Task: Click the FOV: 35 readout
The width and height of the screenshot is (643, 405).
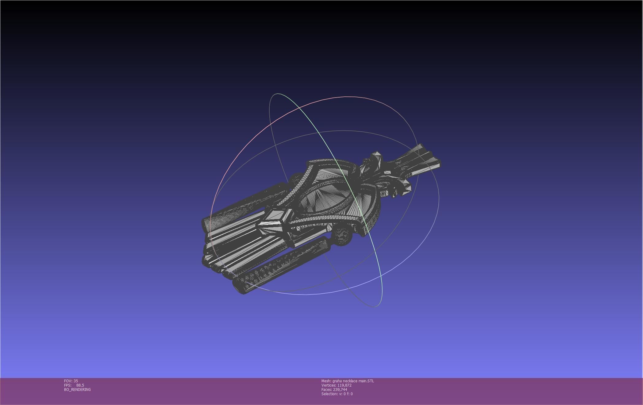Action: pos(71,381)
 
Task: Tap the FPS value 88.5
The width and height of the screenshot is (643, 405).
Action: pos(80,385)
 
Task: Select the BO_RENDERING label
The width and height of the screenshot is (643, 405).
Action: pos(77,389)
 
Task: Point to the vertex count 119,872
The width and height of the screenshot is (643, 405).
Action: pos(344,385)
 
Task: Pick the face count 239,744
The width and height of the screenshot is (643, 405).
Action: pos(340,389)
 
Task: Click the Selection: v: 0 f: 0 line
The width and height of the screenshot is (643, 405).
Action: pos(337,394)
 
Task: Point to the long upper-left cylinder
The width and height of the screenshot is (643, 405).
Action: pos(245,204)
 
